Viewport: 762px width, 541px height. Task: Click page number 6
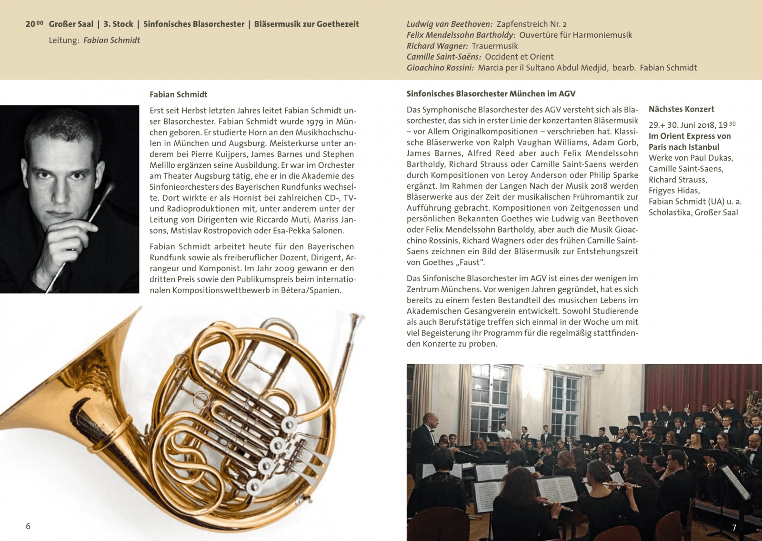point(28,526)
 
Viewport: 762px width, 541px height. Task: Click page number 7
point(734,527)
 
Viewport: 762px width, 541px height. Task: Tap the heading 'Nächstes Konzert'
point(681,109)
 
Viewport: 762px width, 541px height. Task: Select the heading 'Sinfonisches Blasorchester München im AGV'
point(491,94)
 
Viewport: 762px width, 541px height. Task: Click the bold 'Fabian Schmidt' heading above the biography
point(179,94)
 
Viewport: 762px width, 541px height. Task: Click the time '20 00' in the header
point(34,24)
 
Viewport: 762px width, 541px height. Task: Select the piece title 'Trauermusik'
point(495,46)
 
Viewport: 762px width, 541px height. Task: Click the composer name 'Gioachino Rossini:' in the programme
point(440,68)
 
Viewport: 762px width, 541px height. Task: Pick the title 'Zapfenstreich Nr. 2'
point(531,24)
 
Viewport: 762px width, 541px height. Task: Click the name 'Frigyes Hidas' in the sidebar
point(673,191)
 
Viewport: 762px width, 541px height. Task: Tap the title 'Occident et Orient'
point(519,57)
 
